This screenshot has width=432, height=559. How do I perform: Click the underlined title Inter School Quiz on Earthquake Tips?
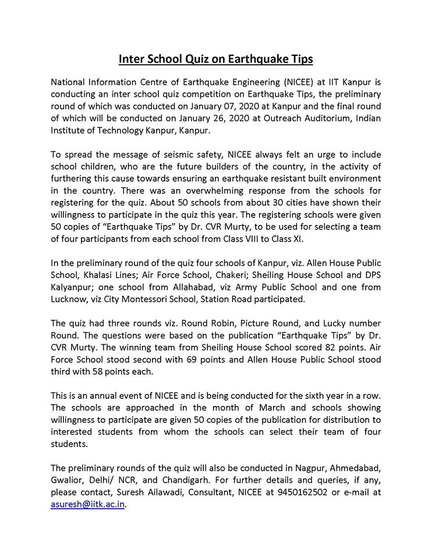(x=216, y=59)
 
